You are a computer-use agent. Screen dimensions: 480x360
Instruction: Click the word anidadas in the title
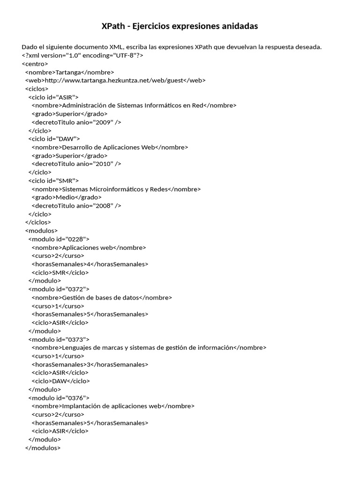pyautogui.click(x=237, y=26)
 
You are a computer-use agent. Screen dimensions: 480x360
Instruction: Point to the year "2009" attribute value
pyautogui.click(x=103, y=122)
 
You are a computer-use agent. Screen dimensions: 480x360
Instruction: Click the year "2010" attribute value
pyautogui.click(x=103, y=164)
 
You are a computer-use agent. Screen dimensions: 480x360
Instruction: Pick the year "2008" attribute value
pyautogui.click(x=103, y=205)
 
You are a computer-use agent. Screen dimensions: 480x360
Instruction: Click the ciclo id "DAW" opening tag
pyautogui.click(x=54, y=139)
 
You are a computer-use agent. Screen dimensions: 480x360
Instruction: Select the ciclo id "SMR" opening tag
pyautogui.click(x=53, y=180)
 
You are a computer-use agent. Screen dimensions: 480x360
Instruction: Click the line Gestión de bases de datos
pyautogui.click(x=100, y=297)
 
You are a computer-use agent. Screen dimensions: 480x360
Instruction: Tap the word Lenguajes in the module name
pyautogui.click(x=76, y=347)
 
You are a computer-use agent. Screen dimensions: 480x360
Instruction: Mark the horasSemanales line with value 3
pyautogui.click(x=90, y=364)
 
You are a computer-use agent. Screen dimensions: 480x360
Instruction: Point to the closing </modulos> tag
pyautogui.click(x=43, y=448)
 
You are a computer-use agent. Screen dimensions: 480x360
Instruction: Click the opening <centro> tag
pyautogui.click(x=35, y=64)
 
